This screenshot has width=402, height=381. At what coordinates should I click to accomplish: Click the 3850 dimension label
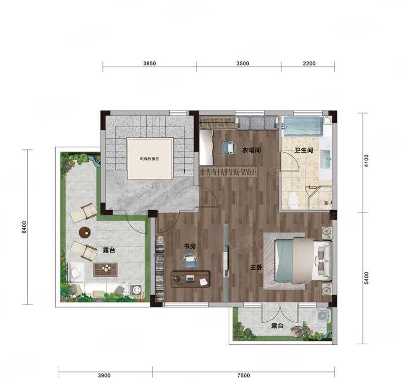click(149, 63)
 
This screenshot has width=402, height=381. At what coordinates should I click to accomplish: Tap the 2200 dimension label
click(309, 63)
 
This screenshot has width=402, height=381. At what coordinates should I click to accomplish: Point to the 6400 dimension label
click(24, 227)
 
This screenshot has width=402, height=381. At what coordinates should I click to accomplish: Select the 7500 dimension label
click(244, 375)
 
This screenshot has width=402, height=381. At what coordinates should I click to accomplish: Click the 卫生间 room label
click(304, 150)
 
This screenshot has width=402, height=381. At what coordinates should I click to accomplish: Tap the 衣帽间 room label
click(252, 150)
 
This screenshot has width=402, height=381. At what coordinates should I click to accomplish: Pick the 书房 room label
click(189, 246)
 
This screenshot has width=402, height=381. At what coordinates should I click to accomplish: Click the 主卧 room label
click(256, 267)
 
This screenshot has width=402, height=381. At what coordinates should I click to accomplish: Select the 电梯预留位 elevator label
click(150, 159)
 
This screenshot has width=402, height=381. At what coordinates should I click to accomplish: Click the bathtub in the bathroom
click(303, 126)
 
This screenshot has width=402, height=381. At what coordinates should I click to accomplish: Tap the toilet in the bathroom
click(293, 200)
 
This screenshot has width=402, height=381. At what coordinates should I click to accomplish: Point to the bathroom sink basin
click(326, 159)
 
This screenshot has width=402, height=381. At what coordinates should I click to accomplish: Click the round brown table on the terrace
click(85, 233)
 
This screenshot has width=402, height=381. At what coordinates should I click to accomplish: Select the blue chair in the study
click(190, 260)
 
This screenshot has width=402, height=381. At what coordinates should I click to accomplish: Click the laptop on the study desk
click(190, 278)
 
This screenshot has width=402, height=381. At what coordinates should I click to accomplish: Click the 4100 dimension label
click(366, 161)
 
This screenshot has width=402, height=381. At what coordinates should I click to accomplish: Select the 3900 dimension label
click(104, 375)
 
